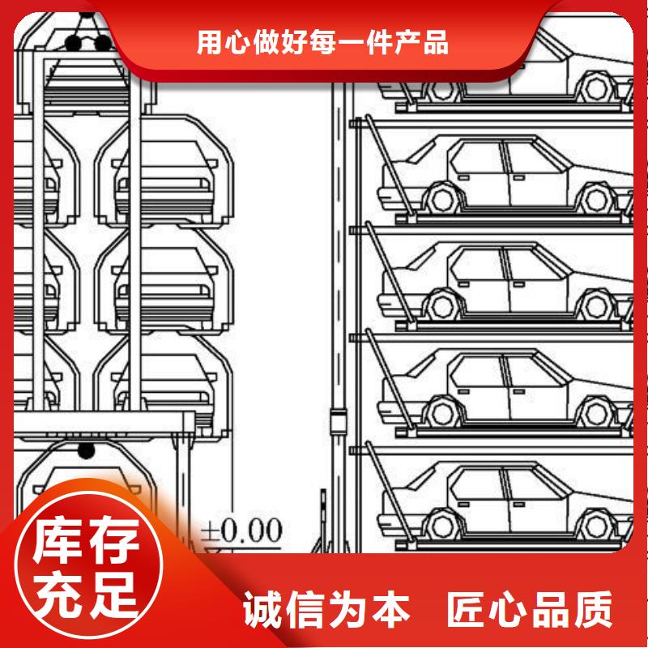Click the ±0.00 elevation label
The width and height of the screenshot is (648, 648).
click(x=241, y=531)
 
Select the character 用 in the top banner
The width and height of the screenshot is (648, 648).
click(x=209, y=42)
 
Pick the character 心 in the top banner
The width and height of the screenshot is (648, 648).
click(x=237, y=42)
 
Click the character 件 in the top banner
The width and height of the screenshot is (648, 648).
click(x=379, y=42)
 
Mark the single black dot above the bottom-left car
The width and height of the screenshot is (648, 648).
click(x=87, y=450)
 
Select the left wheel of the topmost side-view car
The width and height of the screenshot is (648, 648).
click(x=442, y=87)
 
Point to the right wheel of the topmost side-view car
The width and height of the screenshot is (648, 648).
click(x=596, y=87)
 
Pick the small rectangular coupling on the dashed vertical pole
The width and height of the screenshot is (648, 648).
click(x=338, y=420)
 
